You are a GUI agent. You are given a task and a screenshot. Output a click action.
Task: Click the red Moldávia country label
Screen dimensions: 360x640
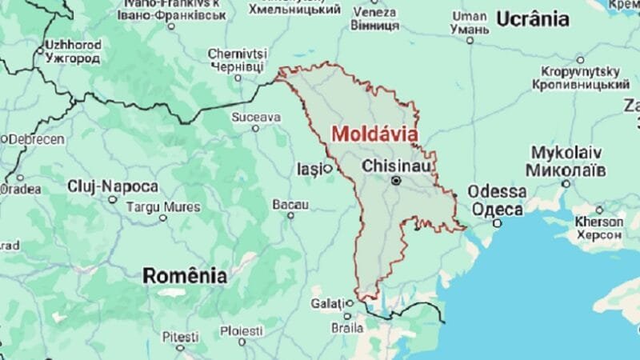(x=374, y=134)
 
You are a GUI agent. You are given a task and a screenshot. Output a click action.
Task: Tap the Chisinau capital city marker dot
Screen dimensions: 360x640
(x=395, y=182)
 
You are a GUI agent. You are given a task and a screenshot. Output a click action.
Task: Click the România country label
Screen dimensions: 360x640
(x=185, y=276)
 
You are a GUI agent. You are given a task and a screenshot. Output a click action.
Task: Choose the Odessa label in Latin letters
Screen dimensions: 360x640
(x=498, y=192)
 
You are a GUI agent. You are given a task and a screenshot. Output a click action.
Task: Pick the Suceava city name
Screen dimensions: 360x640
(x=256, y=117)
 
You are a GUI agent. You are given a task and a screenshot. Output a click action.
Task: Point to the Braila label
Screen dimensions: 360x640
(x=348, y=328)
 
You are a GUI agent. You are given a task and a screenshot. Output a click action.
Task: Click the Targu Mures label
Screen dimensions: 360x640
(x=164, y=206)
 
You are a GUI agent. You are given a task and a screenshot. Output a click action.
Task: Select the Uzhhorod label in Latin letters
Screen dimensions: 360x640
(x=74, y=45)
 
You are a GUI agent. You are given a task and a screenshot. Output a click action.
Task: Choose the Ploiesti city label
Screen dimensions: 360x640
(x=242, y=330)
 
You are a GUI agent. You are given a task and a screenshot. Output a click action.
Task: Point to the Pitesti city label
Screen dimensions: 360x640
(x=180, y=338)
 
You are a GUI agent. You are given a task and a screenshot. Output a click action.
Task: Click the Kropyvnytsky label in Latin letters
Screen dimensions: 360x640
(x=581, y=71)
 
